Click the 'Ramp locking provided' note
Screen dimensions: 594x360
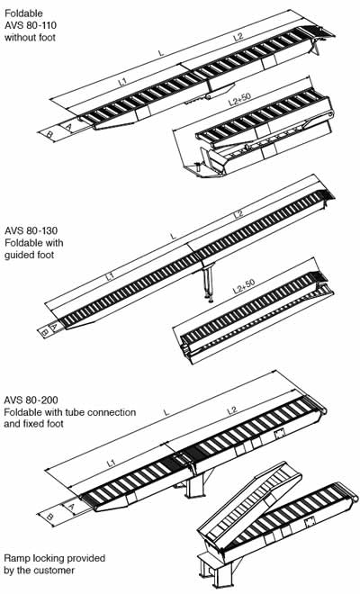tap(49, 558)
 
